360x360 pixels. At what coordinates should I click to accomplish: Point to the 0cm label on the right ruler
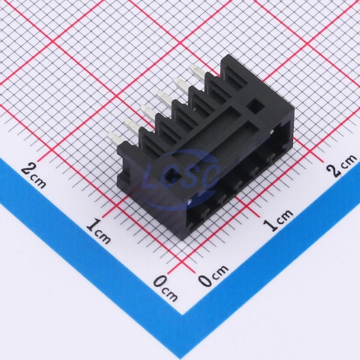click(214, 275)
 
